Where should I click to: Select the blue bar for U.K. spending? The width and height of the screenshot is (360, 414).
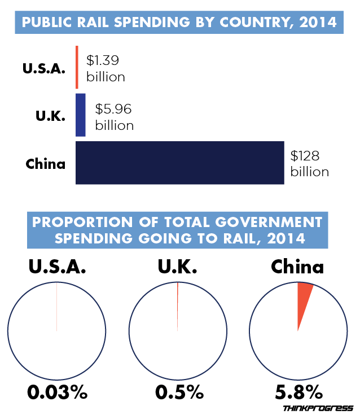click(80, 115)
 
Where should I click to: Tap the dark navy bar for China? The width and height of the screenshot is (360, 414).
click(179, 163)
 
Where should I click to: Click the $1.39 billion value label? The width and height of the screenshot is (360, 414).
click(105, 68)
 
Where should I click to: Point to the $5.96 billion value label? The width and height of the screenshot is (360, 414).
click(114, 116)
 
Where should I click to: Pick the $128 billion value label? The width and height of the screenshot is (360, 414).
click(309, 163)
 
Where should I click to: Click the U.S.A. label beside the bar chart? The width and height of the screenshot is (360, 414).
click(44, 69)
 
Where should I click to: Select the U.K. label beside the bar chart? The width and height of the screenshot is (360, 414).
click(51, 117)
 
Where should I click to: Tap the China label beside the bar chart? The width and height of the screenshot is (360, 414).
click(46, 165)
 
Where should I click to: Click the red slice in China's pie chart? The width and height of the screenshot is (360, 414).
click(303, 299)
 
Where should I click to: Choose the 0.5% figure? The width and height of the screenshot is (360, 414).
click(178, 391)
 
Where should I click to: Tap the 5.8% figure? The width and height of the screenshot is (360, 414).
click(298, 391)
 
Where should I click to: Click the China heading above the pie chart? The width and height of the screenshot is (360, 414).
click(297, 267)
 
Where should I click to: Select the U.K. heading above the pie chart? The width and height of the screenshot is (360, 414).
click(178, 267)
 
